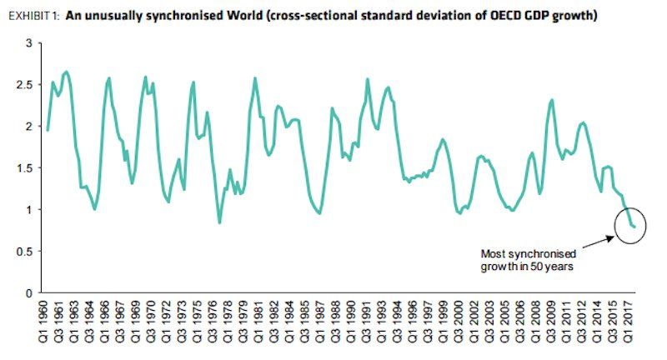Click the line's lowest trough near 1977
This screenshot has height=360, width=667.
219,222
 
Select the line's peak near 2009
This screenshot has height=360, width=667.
552,100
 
